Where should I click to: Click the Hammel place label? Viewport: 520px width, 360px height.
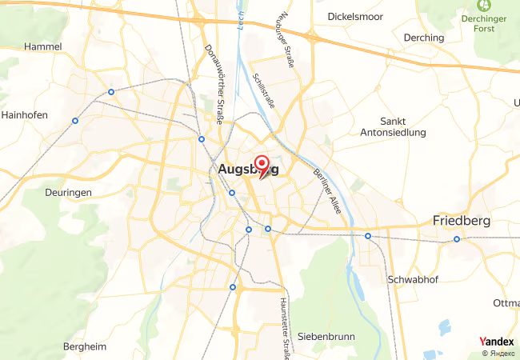tap(43, 47)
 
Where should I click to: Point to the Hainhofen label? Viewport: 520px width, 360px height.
tap(25, 114)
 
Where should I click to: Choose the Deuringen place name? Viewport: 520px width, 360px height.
tap(69, 193)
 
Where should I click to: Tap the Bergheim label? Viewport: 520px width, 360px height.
tap(84, 346)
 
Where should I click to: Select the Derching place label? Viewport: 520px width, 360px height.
tap(424, 38)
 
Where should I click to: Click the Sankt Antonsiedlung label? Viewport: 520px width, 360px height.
tap(393, 126)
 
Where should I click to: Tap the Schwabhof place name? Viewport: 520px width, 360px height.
tap(410, 280)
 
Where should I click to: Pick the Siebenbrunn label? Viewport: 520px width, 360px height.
tap(326, 337)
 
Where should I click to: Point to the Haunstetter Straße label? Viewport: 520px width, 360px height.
tap(284, 328)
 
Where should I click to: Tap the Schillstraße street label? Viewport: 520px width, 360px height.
tap(263, 91)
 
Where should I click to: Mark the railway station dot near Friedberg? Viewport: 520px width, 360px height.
tap(457, 239)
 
